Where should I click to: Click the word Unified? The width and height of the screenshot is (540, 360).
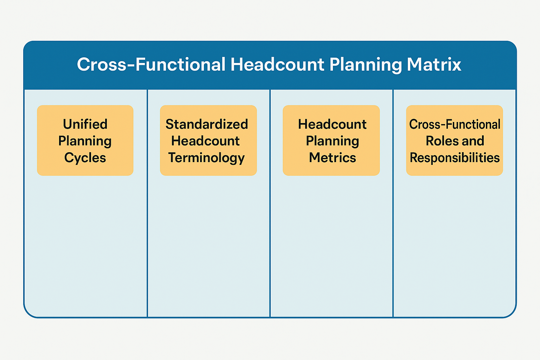click(85, 124)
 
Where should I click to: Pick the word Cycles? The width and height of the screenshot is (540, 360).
click(85, 158)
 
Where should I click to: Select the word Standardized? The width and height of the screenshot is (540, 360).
click(207, 124)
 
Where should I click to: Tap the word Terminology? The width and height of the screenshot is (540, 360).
click(206, 158)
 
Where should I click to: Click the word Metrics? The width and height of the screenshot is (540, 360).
click(332, 158)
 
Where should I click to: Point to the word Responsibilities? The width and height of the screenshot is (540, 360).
click(455, 158)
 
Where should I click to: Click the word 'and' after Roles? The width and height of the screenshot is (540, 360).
click(473, 141)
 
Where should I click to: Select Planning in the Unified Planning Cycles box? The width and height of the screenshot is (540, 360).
click(85, 141)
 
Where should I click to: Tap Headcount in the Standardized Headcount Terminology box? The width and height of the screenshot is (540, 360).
click(205, 141)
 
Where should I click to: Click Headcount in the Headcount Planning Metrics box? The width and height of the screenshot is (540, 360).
click(332, 124)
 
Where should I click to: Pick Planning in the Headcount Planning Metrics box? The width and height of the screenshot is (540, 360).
click(332, 141)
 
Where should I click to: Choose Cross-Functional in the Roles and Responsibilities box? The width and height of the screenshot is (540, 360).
click(455, 124)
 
